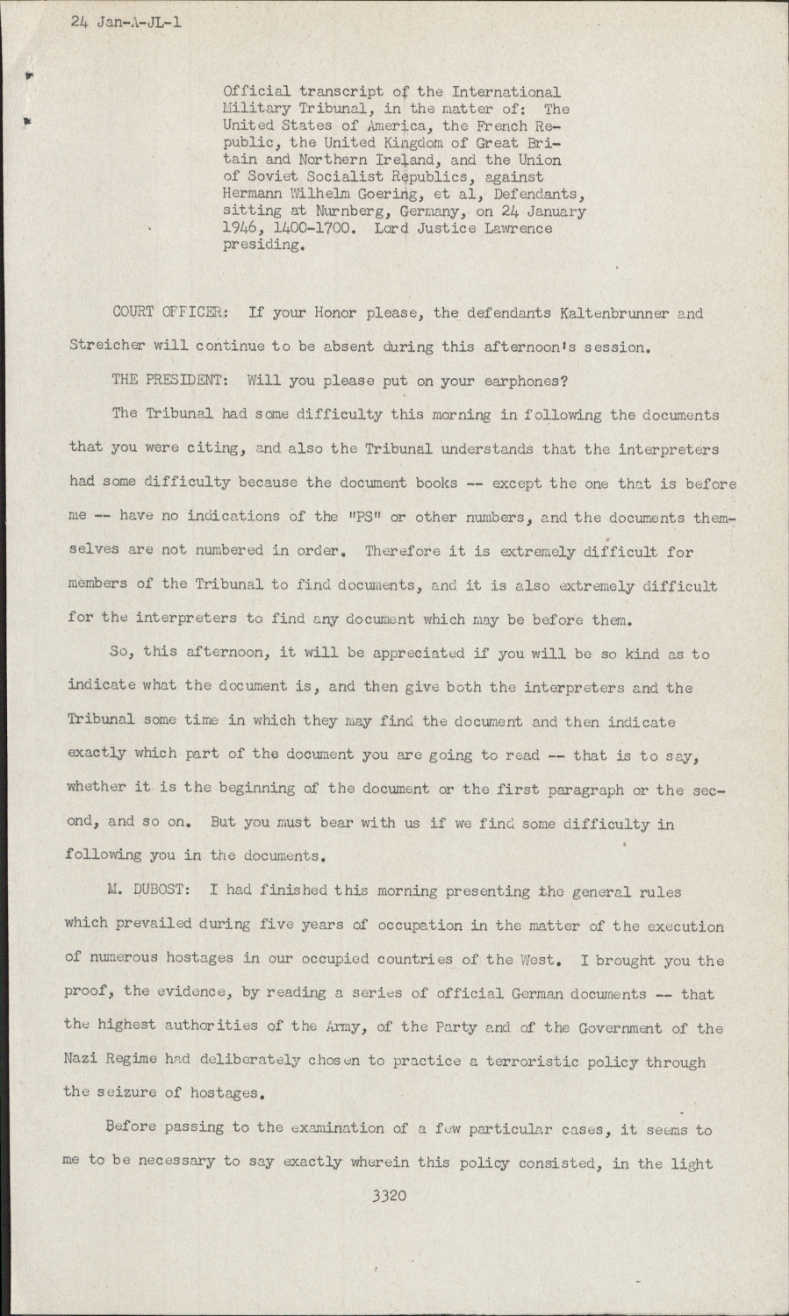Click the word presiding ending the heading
[x=264, y=247]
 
